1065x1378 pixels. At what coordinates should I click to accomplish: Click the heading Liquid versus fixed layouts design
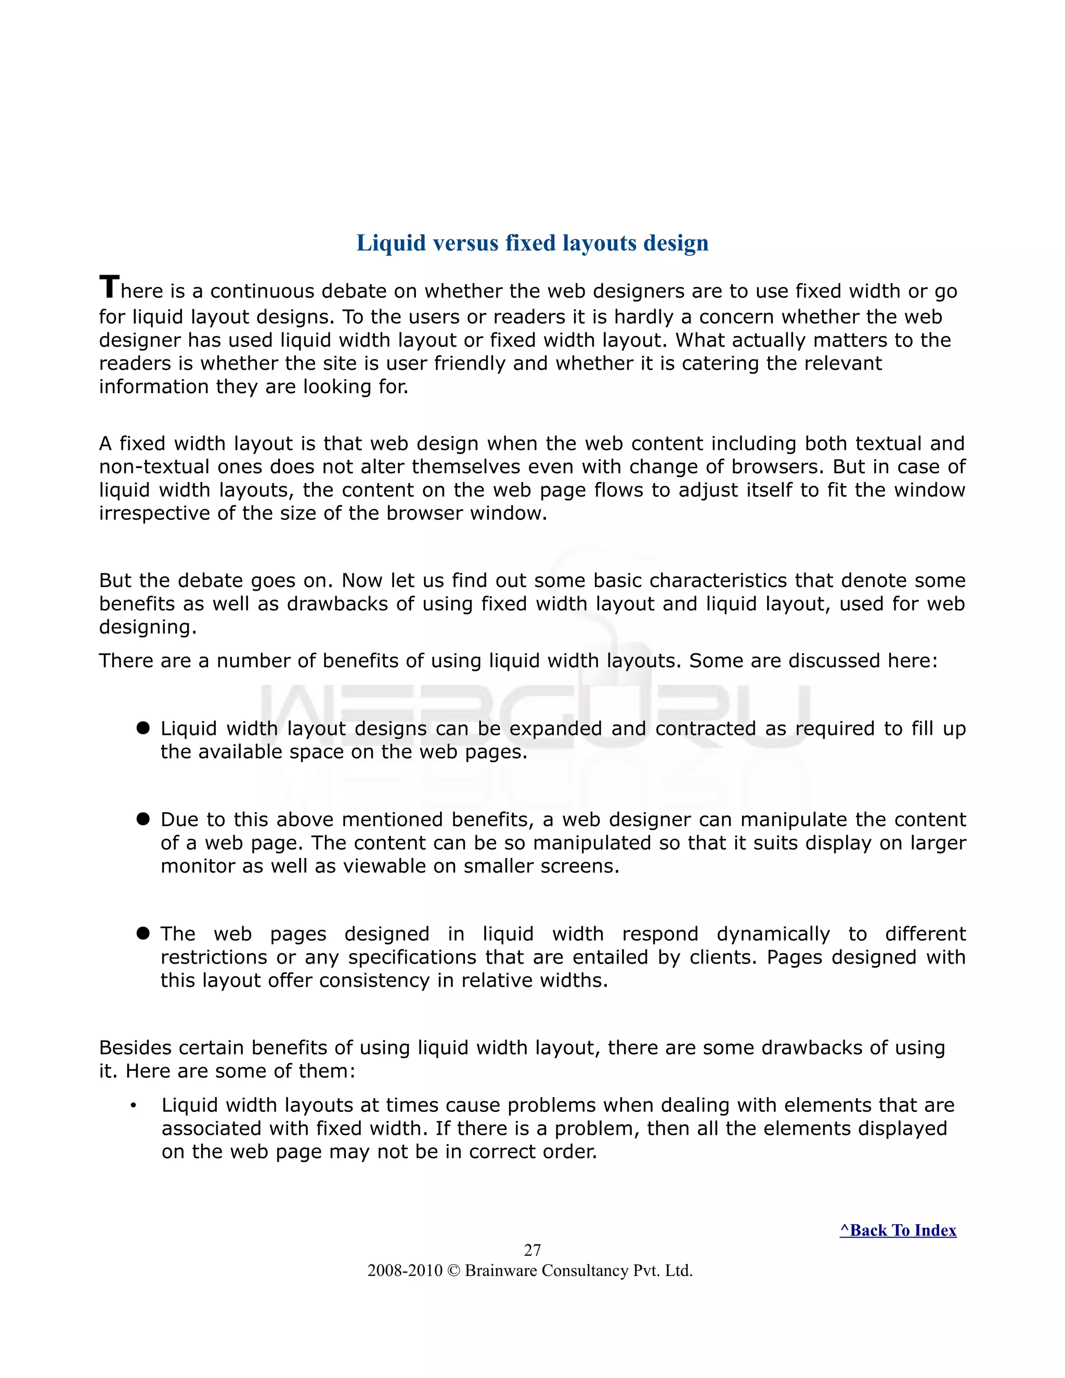click(532, 243)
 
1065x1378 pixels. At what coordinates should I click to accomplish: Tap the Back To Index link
click(897, 1230)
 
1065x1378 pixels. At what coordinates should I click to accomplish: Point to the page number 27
click(532, 1249)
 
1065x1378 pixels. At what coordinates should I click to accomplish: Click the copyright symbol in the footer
click(453, 1270)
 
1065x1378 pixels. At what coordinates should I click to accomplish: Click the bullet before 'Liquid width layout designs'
click(142, 727)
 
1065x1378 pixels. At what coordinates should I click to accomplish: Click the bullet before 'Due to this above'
click(142, 818)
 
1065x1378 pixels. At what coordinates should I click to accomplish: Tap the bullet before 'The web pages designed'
click(142, 932)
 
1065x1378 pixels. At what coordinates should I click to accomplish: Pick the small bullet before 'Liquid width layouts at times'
click(133, 1106)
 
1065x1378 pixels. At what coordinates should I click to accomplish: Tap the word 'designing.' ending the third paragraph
click(148, 627)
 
